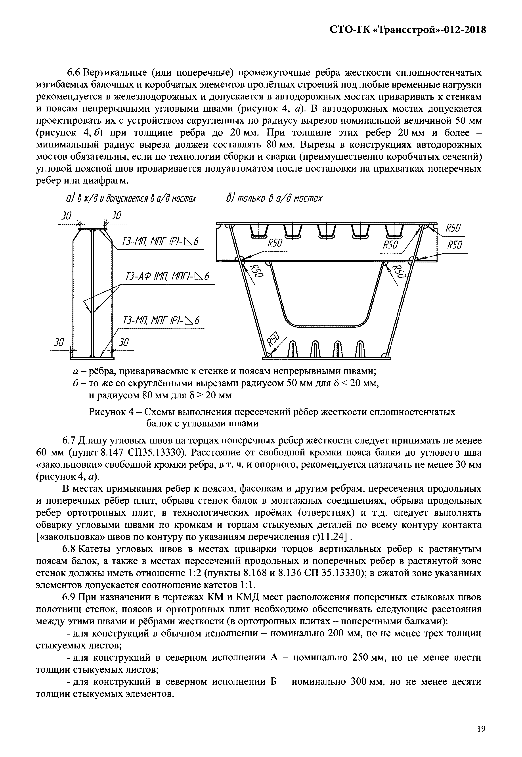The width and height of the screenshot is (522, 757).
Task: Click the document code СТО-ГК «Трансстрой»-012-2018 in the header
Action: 407,30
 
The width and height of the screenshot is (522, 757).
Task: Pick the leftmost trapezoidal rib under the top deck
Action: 260,231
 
